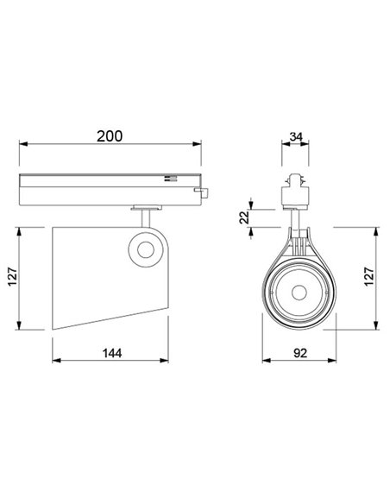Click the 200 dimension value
click(x=109, y=135)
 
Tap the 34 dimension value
click(x=296, y=135)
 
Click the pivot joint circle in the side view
click(x=143, y=251)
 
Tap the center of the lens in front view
click(x=299, y=293)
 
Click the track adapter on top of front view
click(x=296, y=192)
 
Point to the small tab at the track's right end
click(x=200, y=192)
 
